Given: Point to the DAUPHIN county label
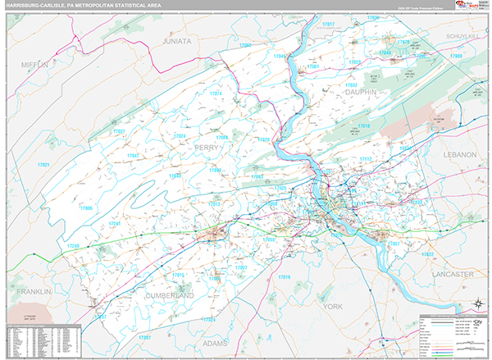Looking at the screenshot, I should (x=361, y=93).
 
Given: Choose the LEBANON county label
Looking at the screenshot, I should (x=458, y=154).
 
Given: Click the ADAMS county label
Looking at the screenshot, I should (x=214, y=343).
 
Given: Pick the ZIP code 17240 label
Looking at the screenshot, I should (x=73, y=245).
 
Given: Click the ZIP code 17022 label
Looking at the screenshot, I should (x=427, y=255).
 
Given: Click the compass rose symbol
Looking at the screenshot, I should (x=475, y=305).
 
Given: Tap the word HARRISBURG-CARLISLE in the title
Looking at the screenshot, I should (x=41, y=7).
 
